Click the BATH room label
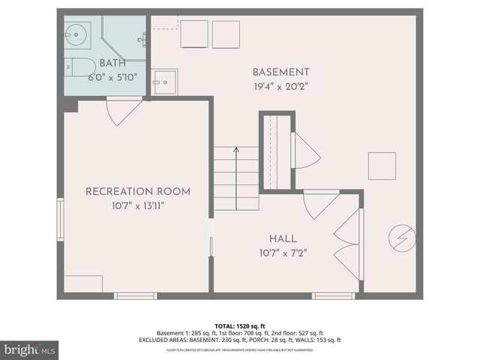[112, 63]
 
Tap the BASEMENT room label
[280, 72]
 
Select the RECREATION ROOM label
[137, 191]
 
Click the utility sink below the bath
[163, 81]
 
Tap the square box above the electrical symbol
[381, 166]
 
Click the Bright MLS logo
[30, 349]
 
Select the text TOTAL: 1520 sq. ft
[239, 325]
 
